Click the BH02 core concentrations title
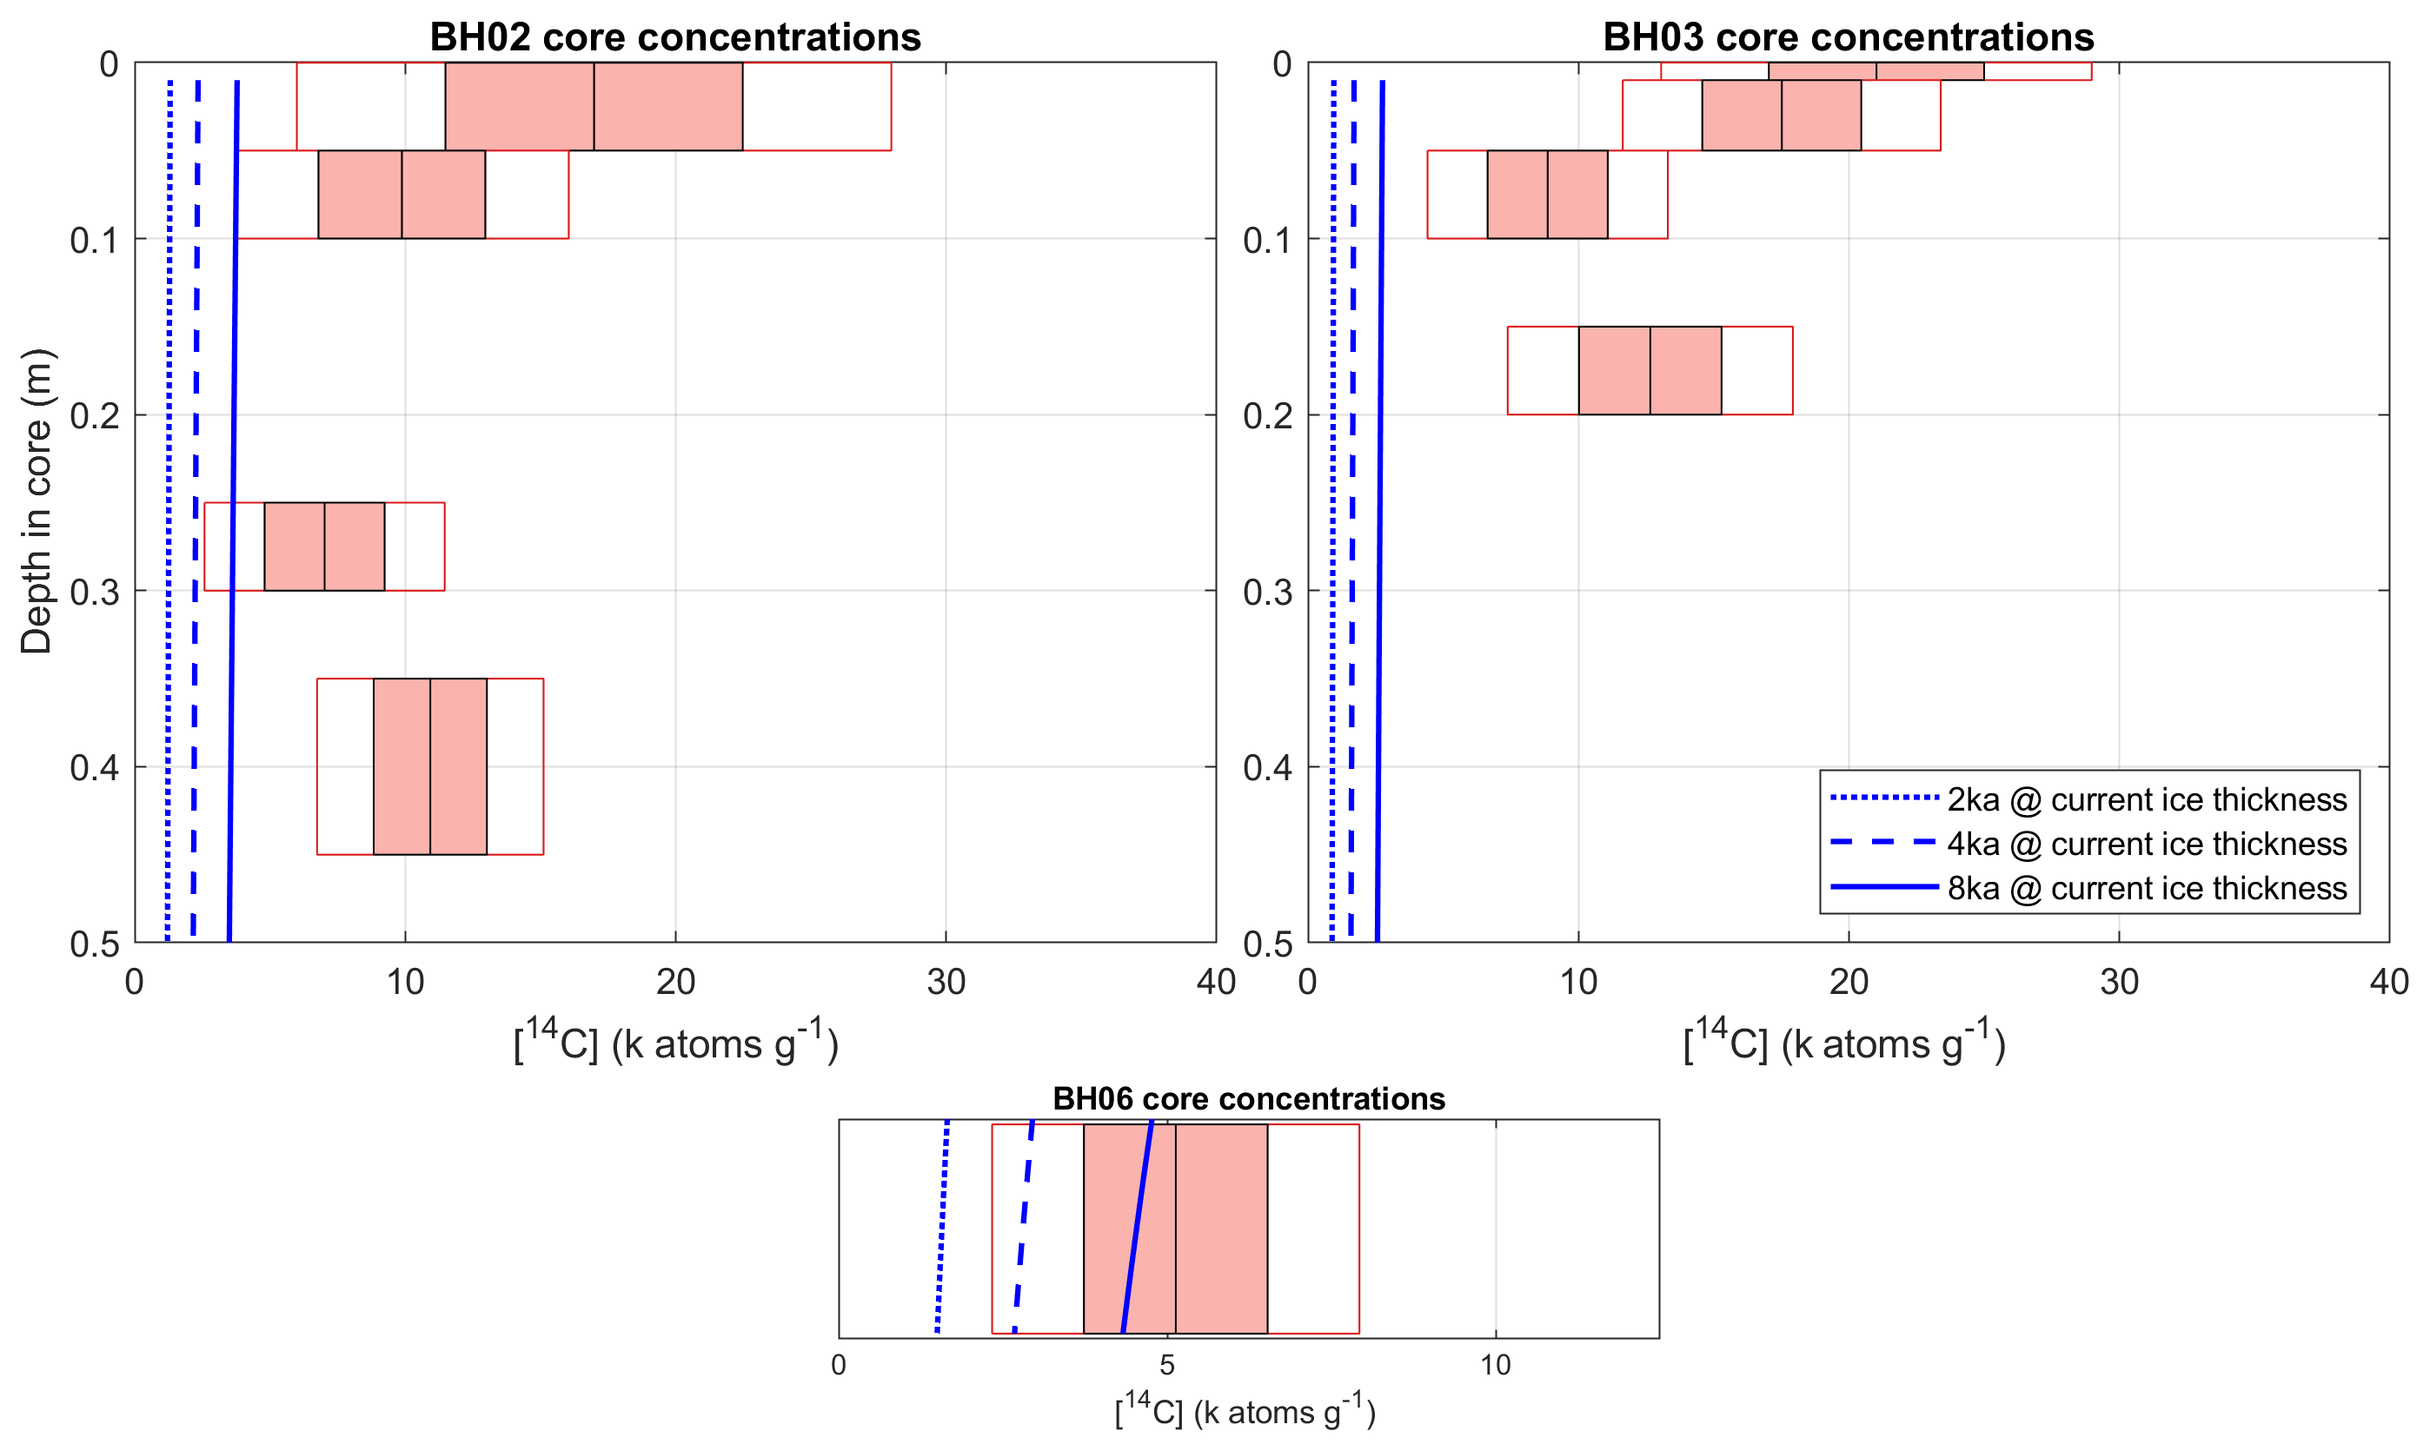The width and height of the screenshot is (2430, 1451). click(674, 37)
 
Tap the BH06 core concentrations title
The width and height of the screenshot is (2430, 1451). click(1248, 1099)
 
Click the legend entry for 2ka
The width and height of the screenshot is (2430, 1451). click(2146, 800)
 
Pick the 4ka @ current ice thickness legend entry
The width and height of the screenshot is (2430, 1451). click(2146, 844)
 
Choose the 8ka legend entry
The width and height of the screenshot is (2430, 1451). click(2146, 888)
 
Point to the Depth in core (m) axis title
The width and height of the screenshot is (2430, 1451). click(37, 500)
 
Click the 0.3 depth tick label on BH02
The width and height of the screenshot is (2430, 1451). click(95, 592)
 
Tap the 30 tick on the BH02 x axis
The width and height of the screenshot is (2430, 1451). click(946, 981)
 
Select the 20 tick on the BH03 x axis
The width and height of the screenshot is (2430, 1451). click(1849, 981)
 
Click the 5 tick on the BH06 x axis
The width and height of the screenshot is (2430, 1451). click(1166, 1365)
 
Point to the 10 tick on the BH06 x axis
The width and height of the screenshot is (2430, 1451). click(1495, 1365)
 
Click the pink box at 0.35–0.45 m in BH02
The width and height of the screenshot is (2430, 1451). click(430, 766)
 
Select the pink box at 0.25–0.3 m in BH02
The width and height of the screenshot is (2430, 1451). click(325, 547)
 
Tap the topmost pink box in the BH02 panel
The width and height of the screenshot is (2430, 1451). click(594, 107)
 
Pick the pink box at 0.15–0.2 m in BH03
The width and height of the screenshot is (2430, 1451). click(1650, 371)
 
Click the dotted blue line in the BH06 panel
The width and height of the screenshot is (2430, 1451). click(942, 1229)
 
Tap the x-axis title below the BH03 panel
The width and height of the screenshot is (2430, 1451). click(1844, 1043)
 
